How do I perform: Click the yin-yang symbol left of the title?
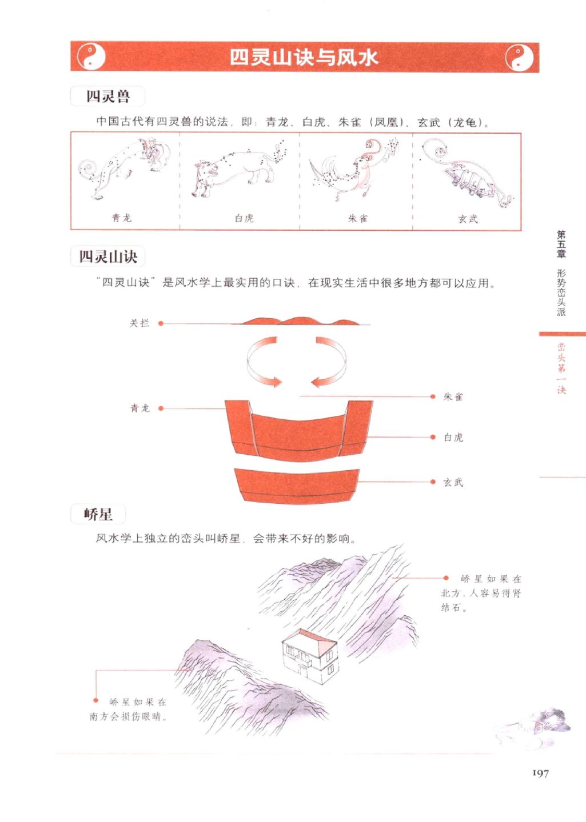91,57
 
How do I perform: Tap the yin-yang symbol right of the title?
519,58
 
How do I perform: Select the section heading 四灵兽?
108,96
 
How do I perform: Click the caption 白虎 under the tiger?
244,218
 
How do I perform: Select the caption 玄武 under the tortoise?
468,219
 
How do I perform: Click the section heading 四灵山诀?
108,256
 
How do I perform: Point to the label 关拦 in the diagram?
139,323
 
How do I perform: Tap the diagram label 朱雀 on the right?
453,396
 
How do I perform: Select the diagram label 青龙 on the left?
140,408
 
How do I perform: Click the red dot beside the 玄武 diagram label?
433,482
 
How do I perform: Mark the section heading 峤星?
98,514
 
